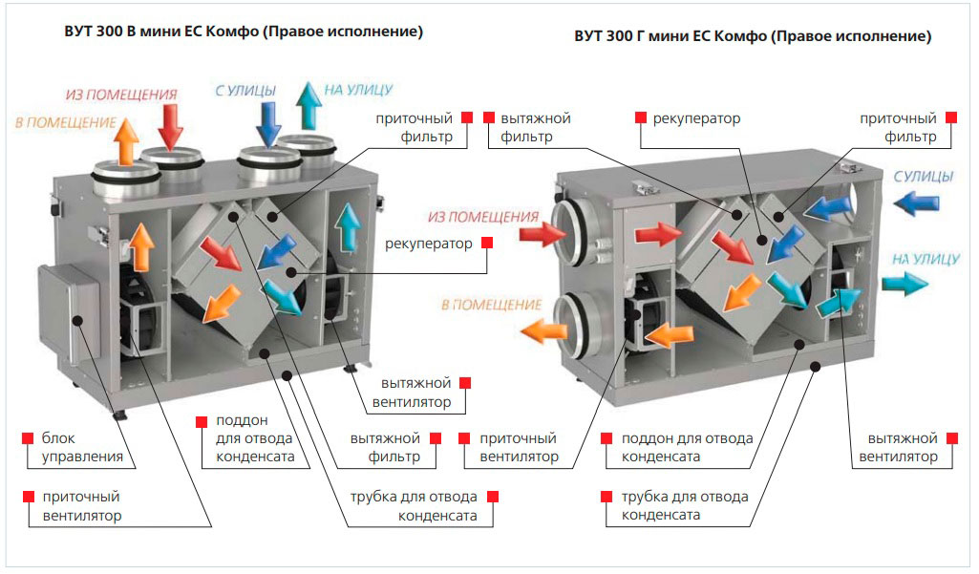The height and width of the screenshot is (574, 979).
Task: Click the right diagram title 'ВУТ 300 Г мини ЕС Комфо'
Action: (752, 37)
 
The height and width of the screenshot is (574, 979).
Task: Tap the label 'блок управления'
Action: (82, 447)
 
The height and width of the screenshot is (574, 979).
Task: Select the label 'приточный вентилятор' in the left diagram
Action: (82, 506)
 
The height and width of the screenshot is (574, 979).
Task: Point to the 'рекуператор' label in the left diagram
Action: (429, 244)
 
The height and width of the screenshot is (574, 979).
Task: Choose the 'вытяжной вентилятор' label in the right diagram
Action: (898, 447)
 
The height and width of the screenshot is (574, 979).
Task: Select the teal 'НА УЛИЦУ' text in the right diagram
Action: (926, 258)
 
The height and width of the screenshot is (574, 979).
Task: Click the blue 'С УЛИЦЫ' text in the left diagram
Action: (245, 91)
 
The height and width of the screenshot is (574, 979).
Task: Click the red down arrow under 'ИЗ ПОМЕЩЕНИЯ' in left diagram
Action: (172, 126)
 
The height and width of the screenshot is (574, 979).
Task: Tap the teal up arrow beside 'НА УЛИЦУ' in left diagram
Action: (308, 105)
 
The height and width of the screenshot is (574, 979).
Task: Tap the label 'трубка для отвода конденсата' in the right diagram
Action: (685, 505)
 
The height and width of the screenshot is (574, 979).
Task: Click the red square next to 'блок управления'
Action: (26, 438)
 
